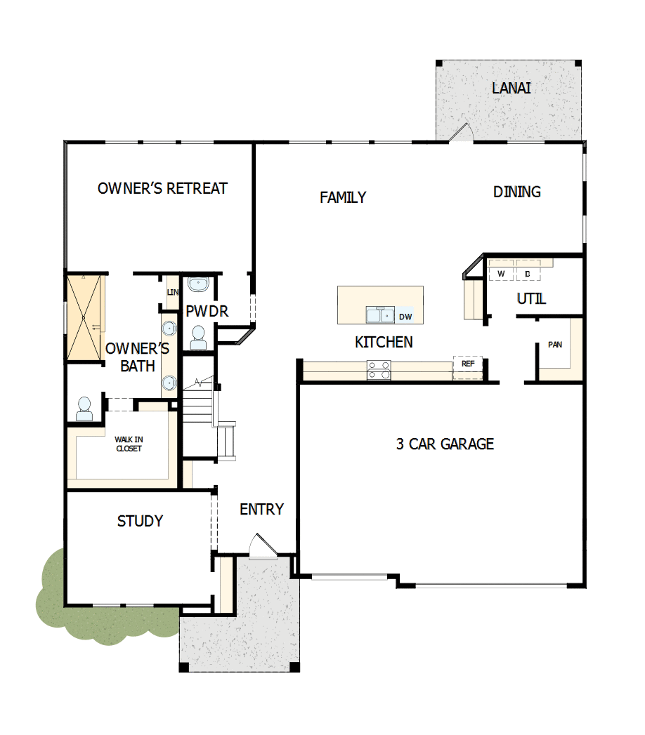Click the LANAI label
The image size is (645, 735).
coord(511,88)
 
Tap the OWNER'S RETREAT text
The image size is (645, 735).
coord(162,188)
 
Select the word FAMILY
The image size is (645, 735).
coord(343,197)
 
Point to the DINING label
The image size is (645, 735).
coord(516,192)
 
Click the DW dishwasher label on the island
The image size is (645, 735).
coord(405,317)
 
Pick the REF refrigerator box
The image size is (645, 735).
coord(467,365)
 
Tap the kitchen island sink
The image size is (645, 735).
coord(380,315)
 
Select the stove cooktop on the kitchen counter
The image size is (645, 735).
coord(378,369)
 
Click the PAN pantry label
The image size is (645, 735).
coord(555,345)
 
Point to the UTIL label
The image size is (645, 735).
coord(531,299)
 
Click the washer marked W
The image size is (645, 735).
coord(501,273)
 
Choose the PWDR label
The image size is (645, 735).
coord(207,311)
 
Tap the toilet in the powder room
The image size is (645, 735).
coord(198,338)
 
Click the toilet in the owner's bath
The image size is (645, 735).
coord(84,409)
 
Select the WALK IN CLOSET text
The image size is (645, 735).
coord(129,444)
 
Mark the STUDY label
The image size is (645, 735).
coord(140,521)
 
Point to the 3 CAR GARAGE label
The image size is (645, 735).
coord(445,444)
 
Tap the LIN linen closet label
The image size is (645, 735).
coord(172,292)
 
